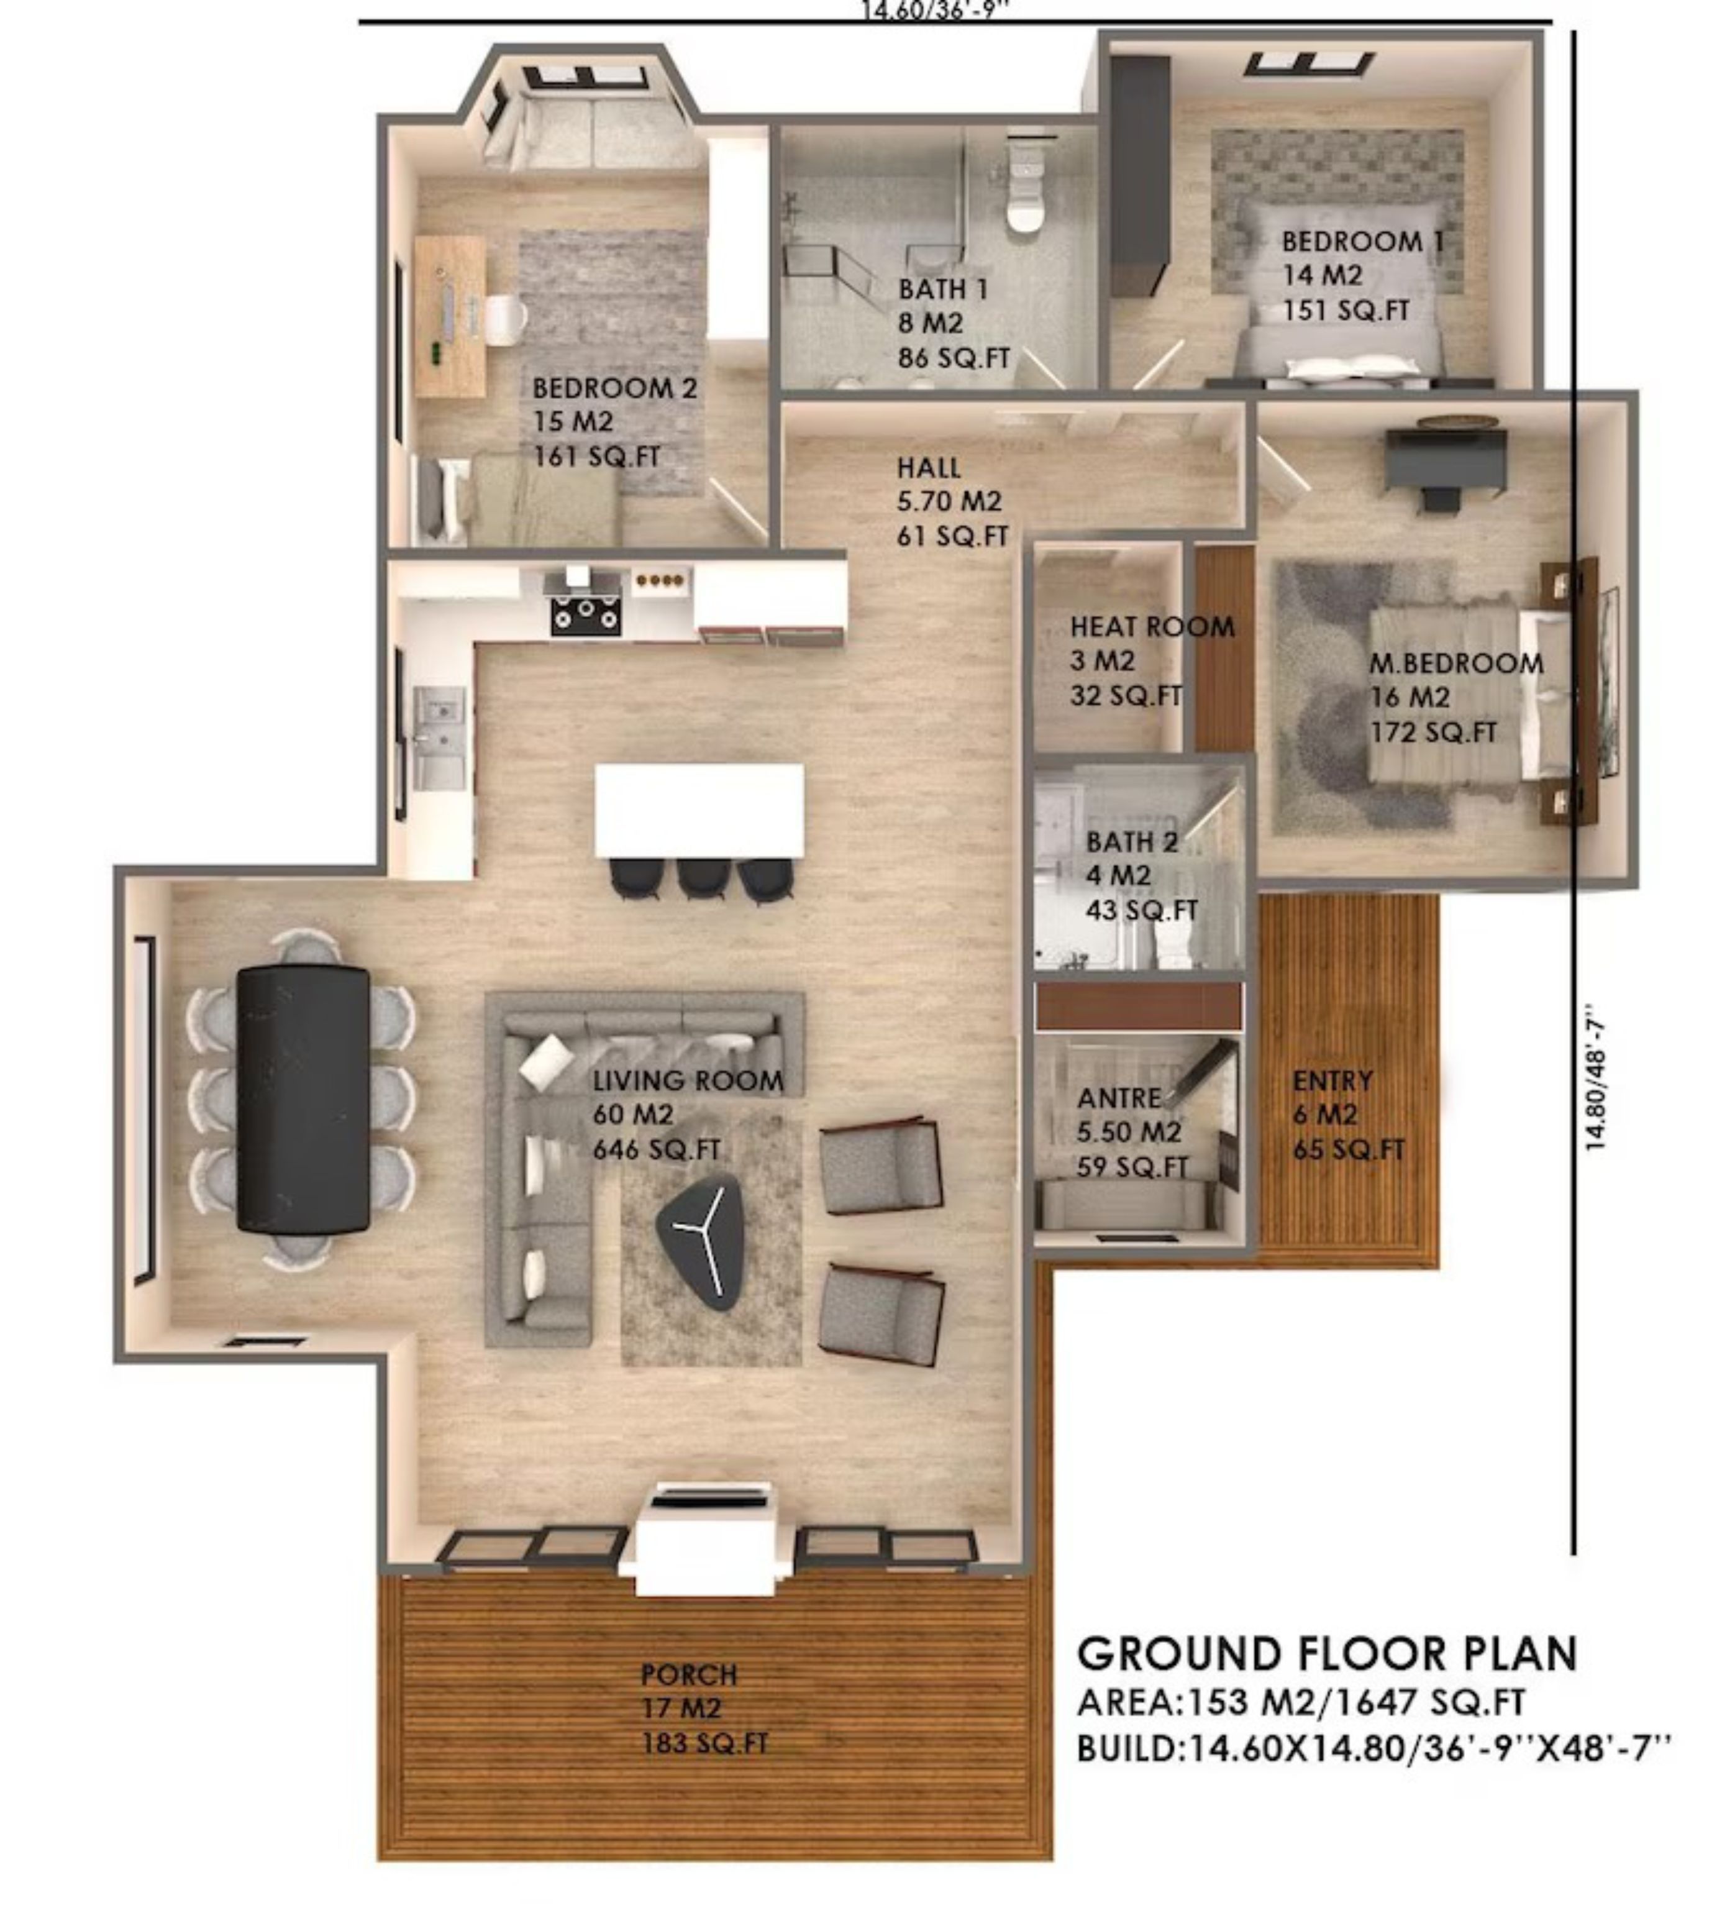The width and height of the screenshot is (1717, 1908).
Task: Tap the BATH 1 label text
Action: (942, 289)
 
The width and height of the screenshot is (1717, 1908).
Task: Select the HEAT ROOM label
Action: (1152, 626)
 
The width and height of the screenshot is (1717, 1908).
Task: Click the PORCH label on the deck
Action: (689, 1675)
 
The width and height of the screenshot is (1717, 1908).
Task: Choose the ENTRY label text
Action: (1332, 1080)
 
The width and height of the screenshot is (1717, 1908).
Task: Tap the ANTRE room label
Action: (1119, 1097)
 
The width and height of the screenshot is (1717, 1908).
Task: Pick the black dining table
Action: (302, 1098)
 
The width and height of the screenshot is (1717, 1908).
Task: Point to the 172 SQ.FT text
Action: (1433, 733)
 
